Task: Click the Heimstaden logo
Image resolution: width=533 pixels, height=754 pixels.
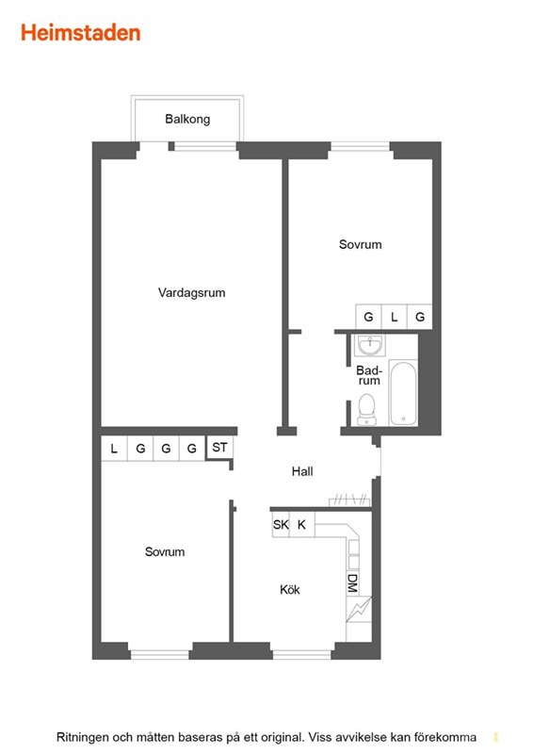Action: click(x=80, y=33)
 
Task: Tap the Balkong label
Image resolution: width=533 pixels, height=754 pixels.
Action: click(x=187, y=119)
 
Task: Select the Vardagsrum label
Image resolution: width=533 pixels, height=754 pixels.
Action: click(x=191, y=292)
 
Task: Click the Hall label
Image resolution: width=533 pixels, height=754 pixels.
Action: click(x=302, y=471)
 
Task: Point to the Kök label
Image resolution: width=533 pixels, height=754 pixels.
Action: click(x=290, y=590)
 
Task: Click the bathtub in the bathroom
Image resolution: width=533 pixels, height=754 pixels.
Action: click(x=403, y=393)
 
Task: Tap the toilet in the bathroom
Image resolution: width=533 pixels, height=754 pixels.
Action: click(x=366, y=410)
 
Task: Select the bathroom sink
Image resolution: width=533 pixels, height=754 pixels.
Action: click(x=369, y=345)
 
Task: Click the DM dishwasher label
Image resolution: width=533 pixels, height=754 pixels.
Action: click(x=352, y=583)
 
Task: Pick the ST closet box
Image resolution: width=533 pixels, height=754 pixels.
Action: click(x=219, y=447)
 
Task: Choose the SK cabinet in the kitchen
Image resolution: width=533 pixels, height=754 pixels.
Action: click(x=281, y=524)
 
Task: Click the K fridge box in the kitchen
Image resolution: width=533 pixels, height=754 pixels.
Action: click(x=302, y=524)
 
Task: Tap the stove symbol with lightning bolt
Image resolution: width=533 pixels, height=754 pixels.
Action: click(x=359, y=609)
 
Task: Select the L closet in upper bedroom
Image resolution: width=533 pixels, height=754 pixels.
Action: click(x=395, y=317)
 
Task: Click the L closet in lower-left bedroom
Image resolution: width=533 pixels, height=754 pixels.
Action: click(x=114, y=449)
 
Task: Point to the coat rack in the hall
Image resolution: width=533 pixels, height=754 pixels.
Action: click(x=350, y=500)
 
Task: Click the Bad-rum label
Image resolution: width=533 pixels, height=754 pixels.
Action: click(x=368, y=375)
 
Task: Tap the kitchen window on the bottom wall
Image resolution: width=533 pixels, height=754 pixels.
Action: click(x=301, y=654)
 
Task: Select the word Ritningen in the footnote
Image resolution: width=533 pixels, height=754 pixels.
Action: click(x=82, y=737)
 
